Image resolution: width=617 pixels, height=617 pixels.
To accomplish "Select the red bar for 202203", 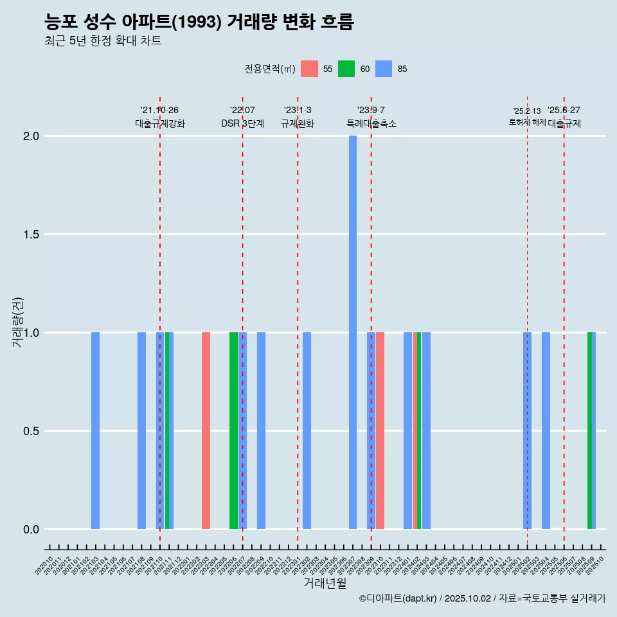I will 206,431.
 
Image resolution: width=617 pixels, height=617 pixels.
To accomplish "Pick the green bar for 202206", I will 233,431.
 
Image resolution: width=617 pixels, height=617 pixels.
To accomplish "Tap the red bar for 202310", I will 380,431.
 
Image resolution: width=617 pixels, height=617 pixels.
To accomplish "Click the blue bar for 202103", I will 95,431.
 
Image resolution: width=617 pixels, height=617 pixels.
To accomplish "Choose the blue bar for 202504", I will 546,431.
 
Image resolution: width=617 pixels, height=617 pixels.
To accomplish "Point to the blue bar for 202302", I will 307,431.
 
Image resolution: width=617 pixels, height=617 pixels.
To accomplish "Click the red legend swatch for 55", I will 309,69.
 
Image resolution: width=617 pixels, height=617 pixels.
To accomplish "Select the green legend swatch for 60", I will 346,69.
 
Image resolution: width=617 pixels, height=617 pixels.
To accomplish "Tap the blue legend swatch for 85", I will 384,69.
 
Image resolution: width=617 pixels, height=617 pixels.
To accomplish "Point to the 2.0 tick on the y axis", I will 31,136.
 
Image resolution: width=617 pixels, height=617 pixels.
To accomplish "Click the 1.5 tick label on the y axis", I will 31,235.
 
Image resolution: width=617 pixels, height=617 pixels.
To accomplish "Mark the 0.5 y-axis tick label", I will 31,431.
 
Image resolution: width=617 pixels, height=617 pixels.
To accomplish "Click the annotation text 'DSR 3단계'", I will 242,123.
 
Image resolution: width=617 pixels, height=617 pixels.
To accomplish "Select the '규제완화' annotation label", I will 298,123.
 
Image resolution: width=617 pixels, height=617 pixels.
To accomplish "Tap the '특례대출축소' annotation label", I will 371,123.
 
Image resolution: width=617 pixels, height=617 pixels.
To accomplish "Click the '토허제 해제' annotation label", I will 527,122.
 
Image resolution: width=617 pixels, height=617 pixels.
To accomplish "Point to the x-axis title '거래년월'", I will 325,584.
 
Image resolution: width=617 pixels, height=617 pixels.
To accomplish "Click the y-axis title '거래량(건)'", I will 18,321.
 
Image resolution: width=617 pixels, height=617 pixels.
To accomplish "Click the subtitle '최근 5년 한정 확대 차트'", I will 103,41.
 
